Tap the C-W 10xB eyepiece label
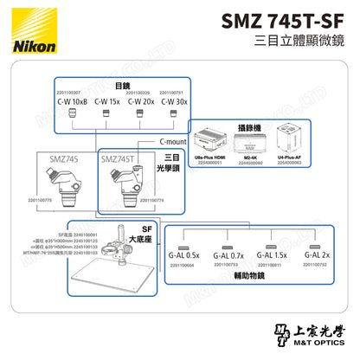click(x=72, y=100)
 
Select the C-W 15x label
click(x=106, y=100)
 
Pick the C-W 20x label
click(x=141, y=100)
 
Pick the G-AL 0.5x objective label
click(x=183, y=256)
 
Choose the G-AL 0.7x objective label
click(x=228, y=256)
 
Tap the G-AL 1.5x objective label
click(x=273, y=256)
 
